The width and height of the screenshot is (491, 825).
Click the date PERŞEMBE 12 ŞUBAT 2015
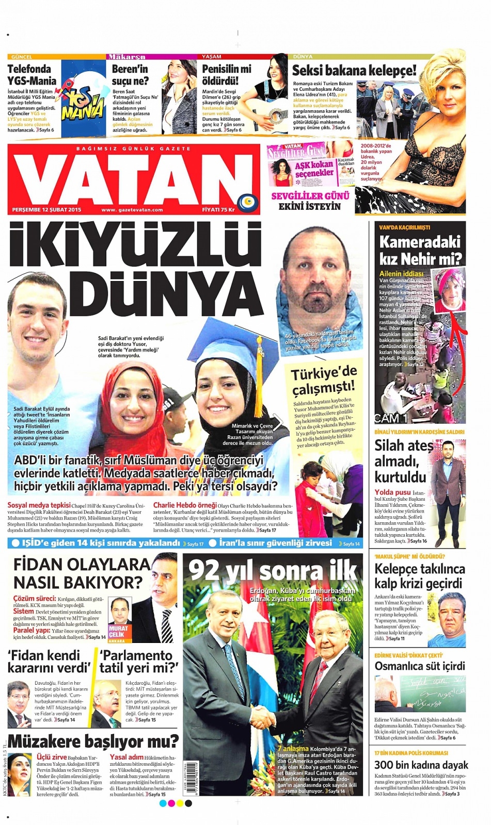[47, 210]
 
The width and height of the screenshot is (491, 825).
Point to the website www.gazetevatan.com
[132, 210]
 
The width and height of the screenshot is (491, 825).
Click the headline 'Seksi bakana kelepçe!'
[354, 71]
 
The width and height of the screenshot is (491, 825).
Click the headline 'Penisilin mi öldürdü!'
[226, 75]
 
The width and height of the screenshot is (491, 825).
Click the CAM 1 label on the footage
[391, 418]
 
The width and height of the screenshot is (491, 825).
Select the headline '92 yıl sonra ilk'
[273, 571]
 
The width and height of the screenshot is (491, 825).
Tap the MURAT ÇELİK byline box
[118, 632]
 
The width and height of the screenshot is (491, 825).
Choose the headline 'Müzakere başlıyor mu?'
[93, 741]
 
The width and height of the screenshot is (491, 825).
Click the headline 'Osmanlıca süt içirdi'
[420, 666]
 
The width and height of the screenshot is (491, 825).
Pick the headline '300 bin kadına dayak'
[421, 765]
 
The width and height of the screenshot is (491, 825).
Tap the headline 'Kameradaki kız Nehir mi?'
[420, 250]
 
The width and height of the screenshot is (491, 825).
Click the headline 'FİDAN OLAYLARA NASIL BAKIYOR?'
[82, 573]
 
